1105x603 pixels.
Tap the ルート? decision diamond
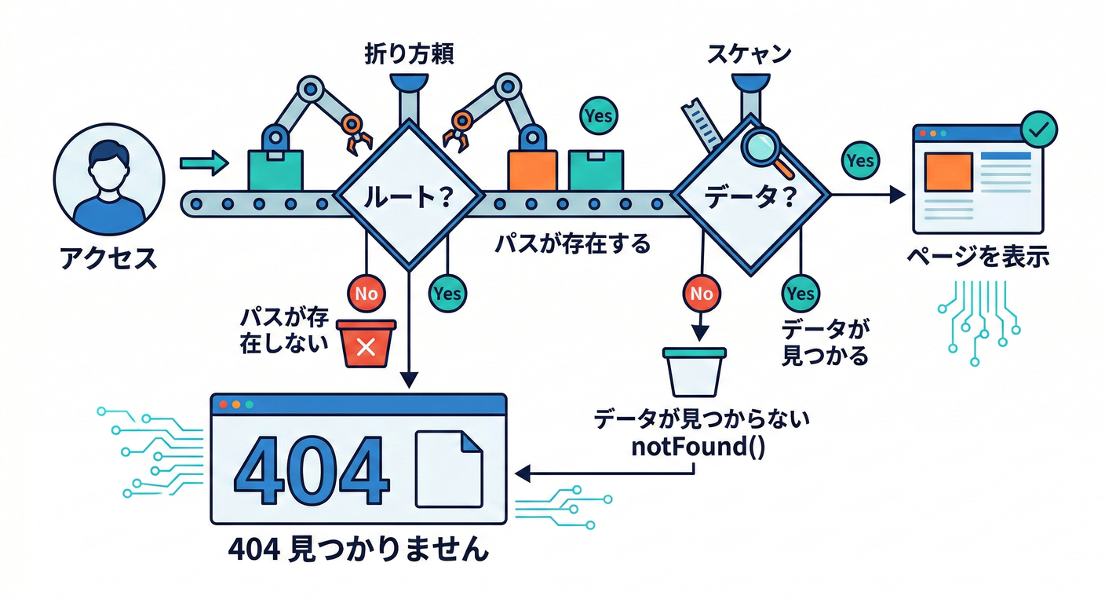point(408,196)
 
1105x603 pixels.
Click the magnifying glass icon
point(760,148)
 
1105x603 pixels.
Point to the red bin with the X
point(365,344)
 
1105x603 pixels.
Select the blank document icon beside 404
point(448,470)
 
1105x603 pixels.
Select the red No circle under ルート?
point(367,294)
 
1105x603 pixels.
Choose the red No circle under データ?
point(702,294)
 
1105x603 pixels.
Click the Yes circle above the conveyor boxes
point(598,116)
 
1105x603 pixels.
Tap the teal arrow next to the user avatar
point(203,163)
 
